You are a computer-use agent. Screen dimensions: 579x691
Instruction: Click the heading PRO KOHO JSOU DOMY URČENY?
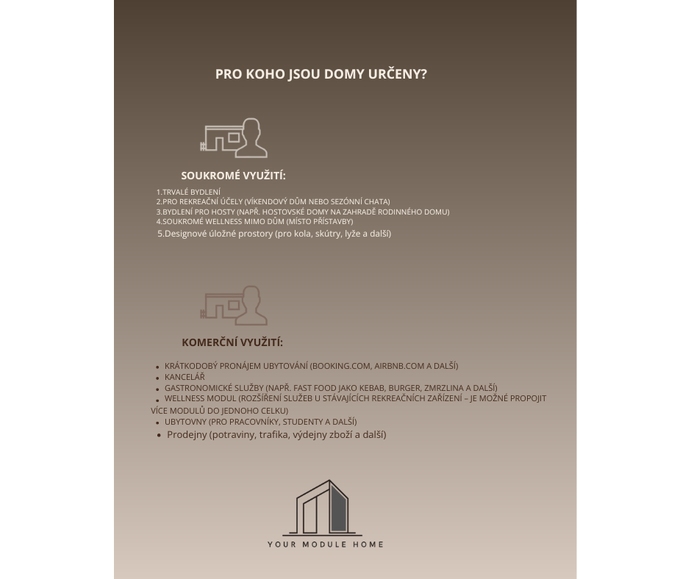[x=321, y=74]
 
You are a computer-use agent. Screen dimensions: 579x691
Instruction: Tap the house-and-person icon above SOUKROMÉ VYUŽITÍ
[x=234, y=138]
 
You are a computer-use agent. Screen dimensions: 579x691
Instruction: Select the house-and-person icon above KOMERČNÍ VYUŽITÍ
[x=234, y=306]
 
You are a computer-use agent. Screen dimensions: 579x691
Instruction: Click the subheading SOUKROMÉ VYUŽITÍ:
[x=233, y=176]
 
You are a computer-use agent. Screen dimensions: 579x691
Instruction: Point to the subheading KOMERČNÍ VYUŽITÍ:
[x=232, y=342]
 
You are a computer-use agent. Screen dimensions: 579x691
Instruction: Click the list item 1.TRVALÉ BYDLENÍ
[x=188, y=192]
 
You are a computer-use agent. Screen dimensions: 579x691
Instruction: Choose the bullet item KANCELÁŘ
[x=185, y=377]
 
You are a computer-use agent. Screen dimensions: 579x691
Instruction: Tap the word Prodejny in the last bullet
[x=187, y=434]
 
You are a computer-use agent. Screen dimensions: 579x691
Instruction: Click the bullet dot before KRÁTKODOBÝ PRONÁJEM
[x=158, y=367]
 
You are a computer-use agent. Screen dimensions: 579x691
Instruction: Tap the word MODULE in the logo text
[x=325, y=544]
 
